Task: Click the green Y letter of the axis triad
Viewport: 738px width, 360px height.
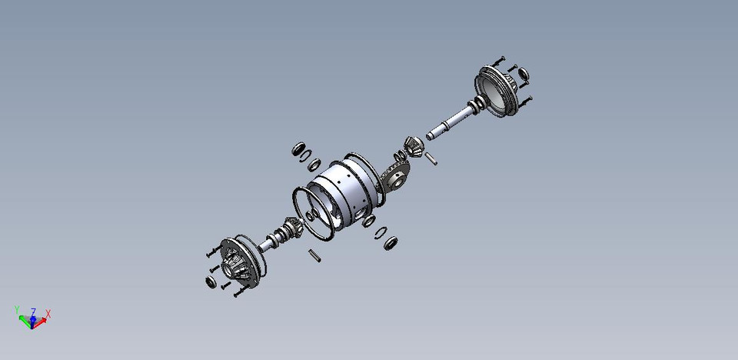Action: pyautogui.click(x=18, y=309)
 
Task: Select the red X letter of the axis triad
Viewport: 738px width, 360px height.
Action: pyautogui.click(x=48, y=313)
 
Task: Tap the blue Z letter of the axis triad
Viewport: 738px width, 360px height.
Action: pyautogui.click(x=33, y=312)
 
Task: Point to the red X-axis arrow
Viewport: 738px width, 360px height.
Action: pyautogui.click(x=42, y=320)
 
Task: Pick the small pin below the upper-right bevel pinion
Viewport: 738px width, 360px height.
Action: pyautogui.click(x=432, y=158)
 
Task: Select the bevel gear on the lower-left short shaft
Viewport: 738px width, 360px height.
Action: pyautogui.click(x=291, y=228)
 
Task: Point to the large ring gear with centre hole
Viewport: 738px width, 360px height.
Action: pyautogui.click(x=395, y=179)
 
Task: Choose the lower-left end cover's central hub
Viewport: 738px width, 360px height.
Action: pyautogui.click(x=233, y=266)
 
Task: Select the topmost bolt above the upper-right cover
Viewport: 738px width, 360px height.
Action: pyautogui.click(x=499, y=58)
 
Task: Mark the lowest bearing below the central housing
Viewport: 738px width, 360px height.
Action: pyautogui.click(x=391, y=244)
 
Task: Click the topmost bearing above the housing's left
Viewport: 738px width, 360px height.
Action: pyautogui.click(x=298, y=148)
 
